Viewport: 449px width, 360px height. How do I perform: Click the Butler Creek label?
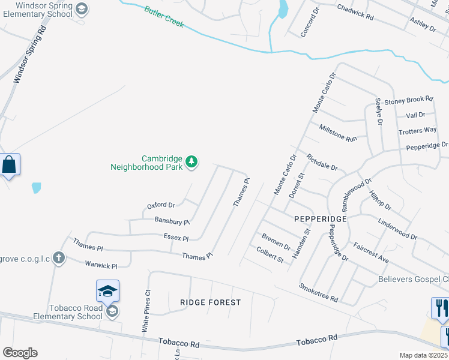163,18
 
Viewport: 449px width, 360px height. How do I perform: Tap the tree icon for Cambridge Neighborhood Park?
191,161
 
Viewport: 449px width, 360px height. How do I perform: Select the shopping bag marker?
10,164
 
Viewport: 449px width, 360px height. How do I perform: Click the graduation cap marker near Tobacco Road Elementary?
107,291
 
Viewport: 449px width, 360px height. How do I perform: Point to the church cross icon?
58,258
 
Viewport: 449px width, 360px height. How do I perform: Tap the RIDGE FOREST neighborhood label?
210,302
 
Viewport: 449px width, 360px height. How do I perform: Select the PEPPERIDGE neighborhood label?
321,219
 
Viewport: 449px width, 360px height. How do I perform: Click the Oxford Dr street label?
161,205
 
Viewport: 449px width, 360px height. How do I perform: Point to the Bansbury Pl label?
172,221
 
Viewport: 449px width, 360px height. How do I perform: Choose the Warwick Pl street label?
101,265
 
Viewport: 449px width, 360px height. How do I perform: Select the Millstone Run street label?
338,133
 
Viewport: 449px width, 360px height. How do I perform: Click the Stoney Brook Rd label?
409,100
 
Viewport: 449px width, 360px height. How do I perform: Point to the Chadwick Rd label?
355,13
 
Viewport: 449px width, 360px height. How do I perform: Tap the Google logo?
20,353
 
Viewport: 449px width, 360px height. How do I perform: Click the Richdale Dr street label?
322,163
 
